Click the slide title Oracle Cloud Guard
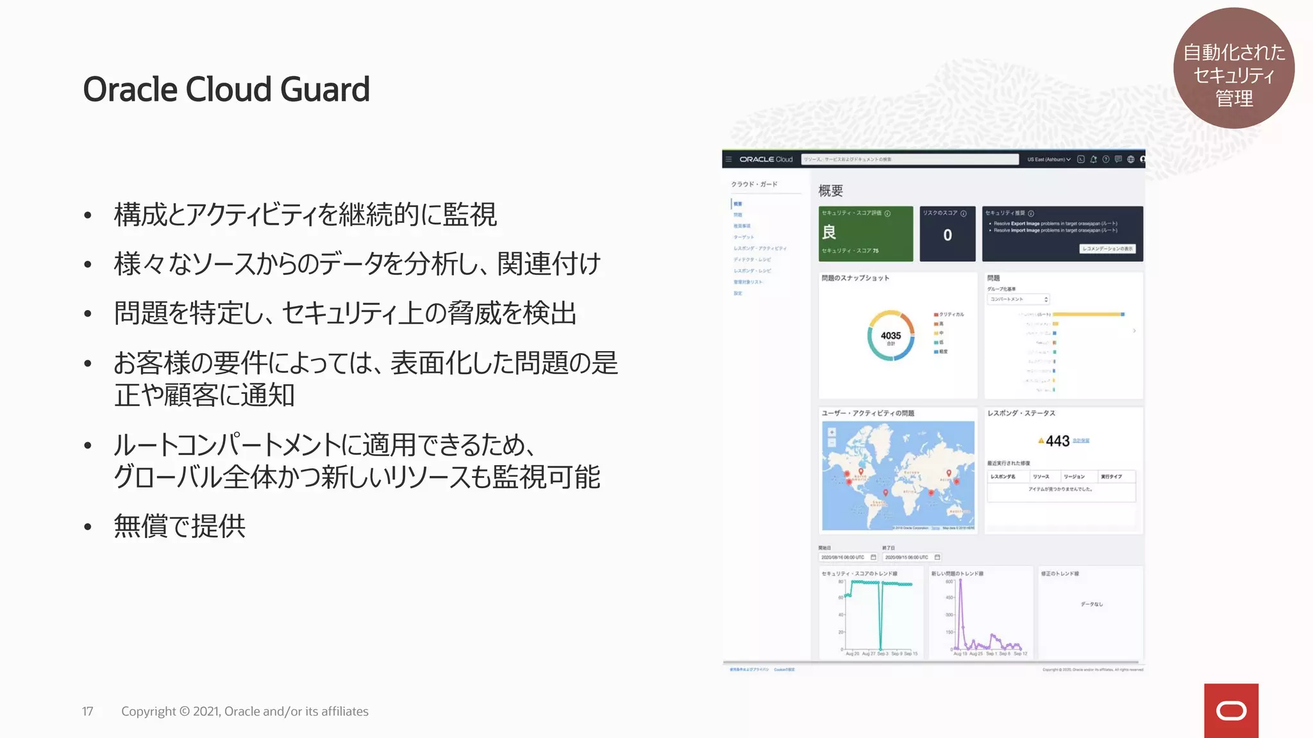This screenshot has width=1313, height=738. point(226,89)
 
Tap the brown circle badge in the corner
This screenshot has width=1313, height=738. point(1234,68)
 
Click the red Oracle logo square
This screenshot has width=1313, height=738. point(1231,710)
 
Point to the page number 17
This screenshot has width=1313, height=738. point(88,711)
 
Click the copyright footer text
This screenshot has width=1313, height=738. point(244,711)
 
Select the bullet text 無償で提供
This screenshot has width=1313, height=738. point(180,526)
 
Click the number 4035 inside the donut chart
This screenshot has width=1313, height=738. point(891,336)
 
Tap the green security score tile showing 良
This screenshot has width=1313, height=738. point(866,233)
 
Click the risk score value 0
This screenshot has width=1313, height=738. point(948,235)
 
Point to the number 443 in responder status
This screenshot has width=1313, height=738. point(1057,441)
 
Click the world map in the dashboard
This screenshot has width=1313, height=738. point(898,475)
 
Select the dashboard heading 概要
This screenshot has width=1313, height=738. point(830,191)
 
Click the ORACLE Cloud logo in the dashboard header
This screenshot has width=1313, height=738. point(765,160)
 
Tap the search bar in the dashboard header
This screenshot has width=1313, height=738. point(909,160)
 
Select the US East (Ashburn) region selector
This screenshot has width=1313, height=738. point(1048,160)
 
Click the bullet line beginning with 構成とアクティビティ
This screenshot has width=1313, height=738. point(305,215)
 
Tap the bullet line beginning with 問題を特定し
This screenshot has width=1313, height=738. point(345,313)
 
